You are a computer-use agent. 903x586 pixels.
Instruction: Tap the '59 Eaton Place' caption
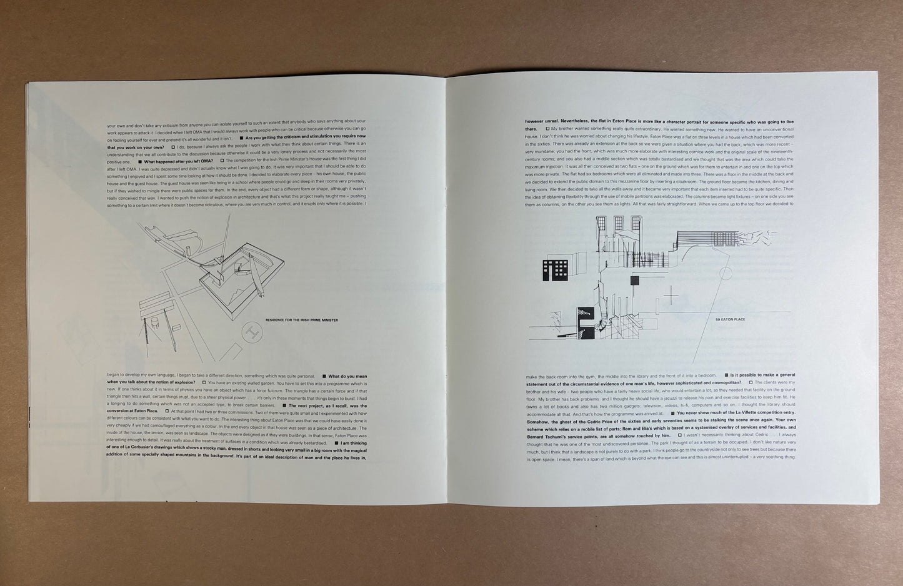click(731, 319)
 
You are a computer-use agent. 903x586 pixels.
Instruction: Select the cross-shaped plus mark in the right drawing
click(671, 295)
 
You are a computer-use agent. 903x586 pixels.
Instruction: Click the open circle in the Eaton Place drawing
click(726, 272)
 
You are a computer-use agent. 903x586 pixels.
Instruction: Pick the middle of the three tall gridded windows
click(617, 223)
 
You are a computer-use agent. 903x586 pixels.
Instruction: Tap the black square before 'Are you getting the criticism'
click(242, 137)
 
